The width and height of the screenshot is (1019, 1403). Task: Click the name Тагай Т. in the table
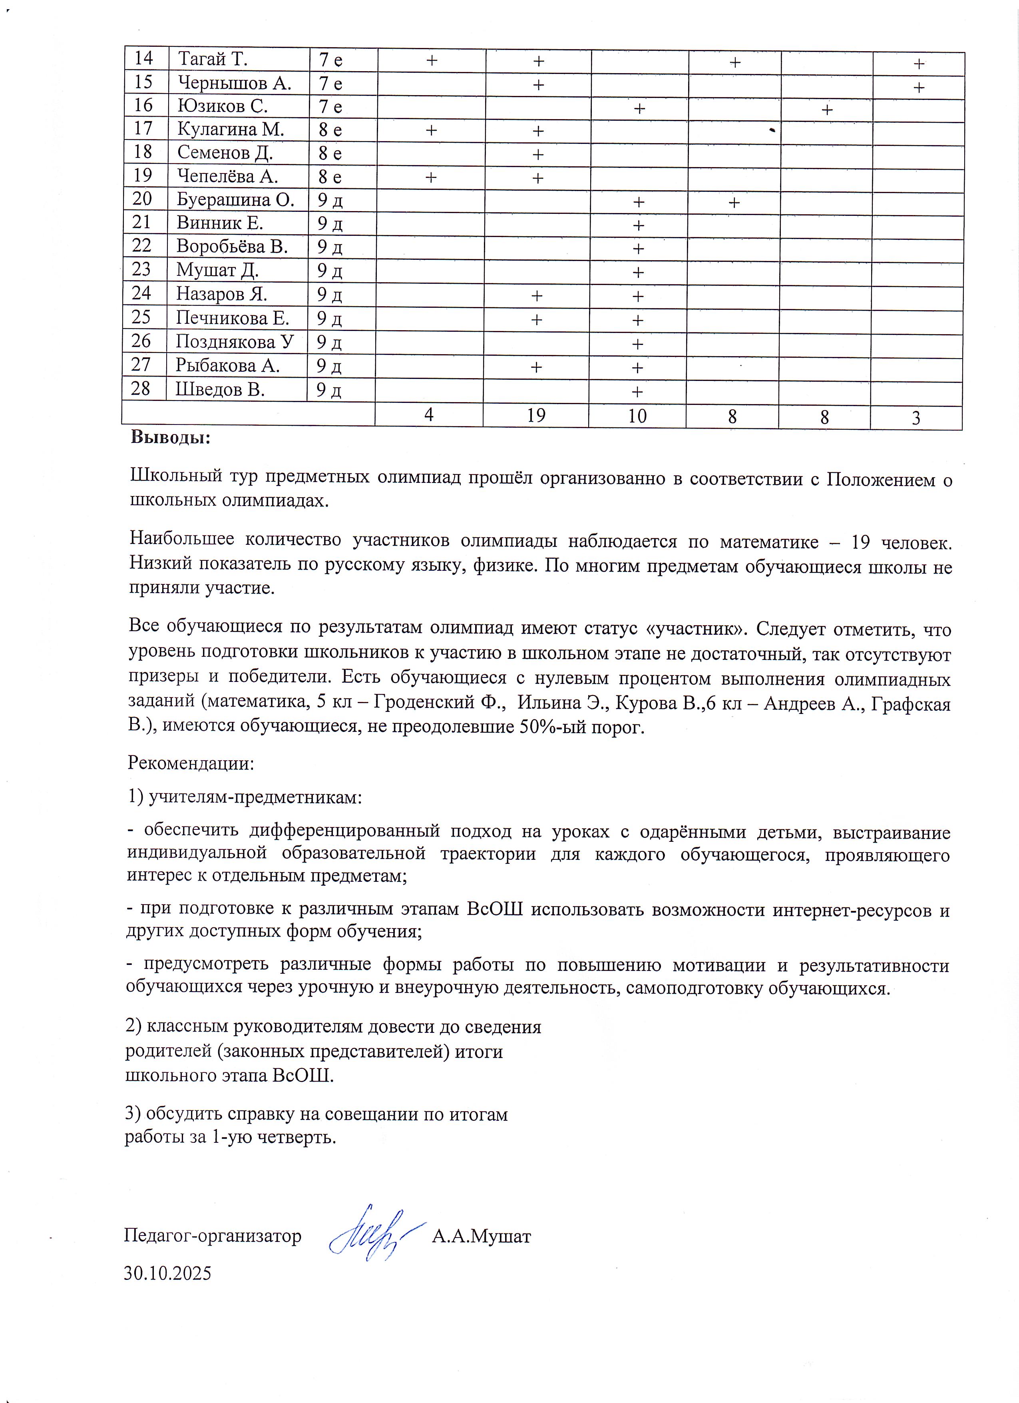point(213,60)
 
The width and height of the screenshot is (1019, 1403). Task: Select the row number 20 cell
point(142,199)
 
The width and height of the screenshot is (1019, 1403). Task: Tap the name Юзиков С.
point(223,106)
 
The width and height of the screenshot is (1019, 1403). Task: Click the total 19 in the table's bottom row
point(536,415)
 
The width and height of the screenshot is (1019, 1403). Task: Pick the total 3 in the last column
point(916,418)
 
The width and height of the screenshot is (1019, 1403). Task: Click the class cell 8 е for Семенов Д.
point(330,153)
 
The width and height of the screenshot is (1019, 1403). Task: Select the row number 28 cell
point(141,389)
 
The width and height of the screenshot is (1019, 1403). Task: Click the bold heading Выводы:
point(171,438)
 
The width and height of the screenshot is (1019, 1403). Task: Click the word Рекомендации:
point(191,763)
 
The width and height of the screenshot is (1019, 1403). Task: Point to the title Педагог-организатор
point(213,1236)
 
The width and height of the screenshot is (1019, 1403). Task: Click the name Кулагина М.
point(231,129)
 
